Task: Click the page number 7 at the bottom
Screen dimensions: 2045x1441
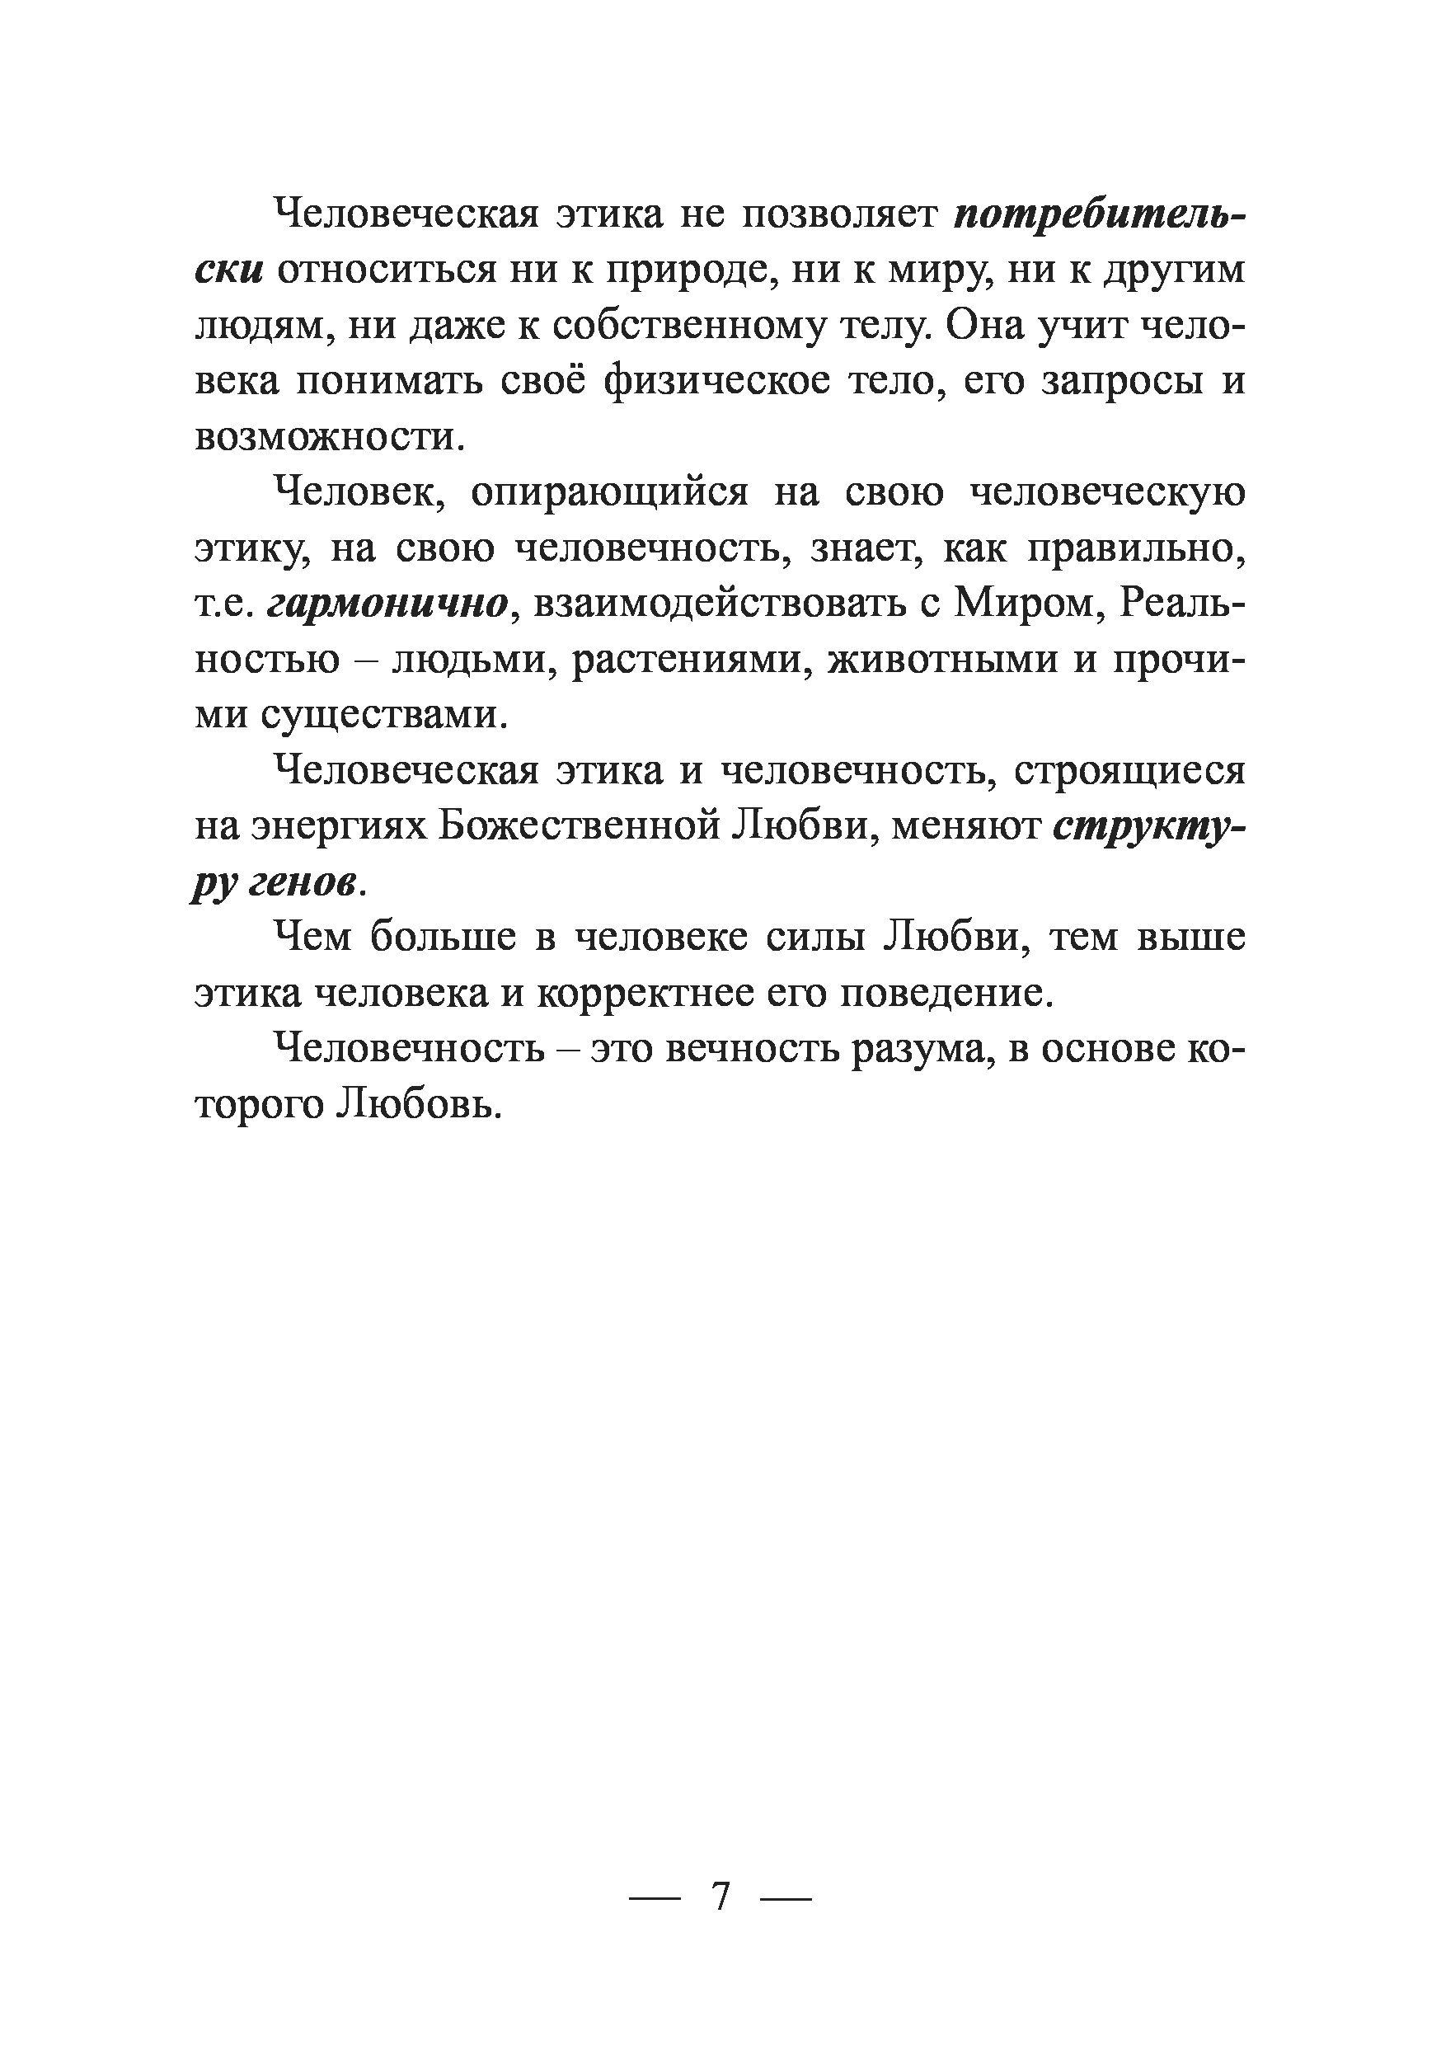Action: tap(721, 1897)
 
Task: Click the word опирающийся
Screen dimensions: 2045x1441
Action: tap(609, 492)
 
